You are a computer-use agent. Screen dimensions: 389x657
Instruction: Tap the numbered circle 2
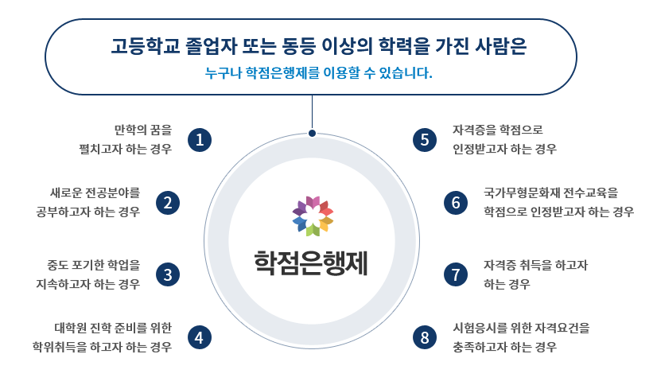click(x=167, y=203)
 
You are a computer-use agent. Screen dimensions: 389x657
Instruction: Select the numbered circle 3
click(x=167, y=274)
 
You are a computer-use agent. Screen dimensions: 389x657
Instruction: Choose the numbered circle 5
click(x=426, y=139)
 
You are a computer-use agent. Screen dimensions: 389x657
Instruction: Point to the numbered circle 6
click(x=456, y=203)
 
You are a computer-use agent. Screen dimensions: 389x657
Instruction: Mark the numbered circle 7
click(x=456, y=274)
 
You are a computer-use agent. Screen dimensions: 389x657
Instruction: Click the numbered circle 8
click(x=426, y=337)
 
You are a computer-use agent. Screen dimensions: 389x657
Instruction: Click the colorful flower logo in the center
click(x=313, y=216)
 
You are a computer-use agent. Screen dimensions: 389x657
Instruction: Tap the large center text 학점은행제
click(x=312, y=261)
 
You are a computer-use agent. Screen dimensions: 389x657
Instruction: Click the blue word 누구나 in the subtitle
click(x=222, y=74)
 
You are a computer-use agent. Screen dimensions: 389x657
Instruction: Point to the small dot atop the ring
click(x=312, y=133)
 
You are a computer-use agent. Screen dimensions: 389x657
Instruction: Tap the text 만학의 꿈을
click(x=143, y=129)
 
